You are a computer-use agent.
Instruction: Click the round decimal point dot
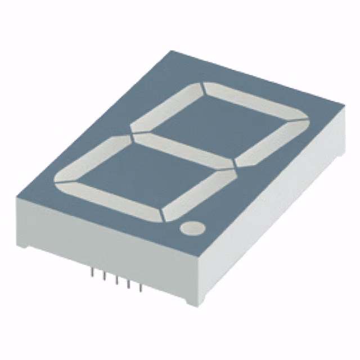click(192, 228)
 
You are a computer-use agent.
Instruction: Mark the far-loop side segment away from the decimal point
click(166, 107)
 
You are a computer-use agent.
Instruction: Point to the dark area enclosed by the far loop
click(219, 127)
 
